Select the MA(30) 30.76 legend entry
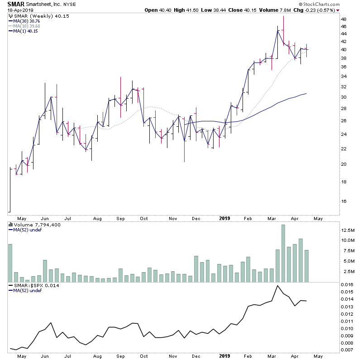pos(27,21)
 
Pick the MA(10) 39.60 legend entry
pos(27,26)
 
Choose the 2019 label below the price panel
pos(224,218)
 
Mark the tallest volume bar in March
pos(283,253)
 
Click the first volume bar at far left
pos(10,263)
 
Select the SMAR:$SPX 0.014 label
pos(30,285)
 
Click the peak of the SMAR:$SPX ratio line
pos(277,286)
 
